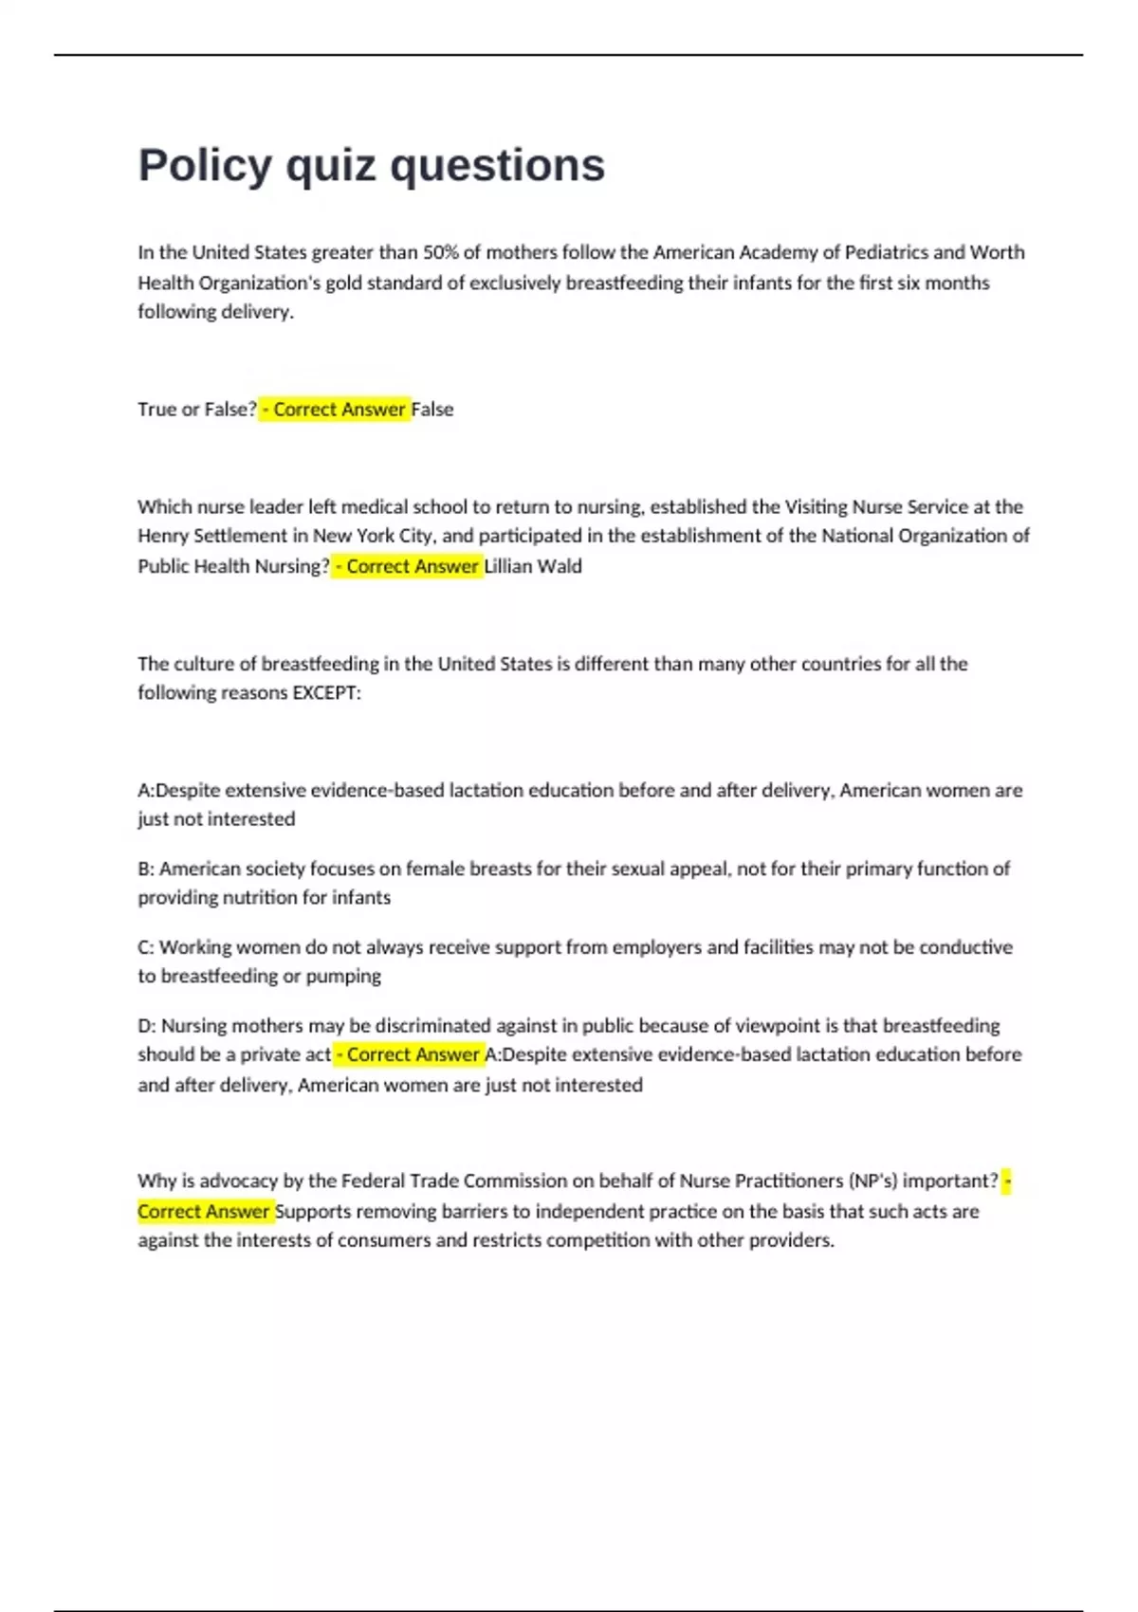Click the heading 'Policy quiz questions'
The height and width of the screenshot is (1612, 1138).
coord(371,165)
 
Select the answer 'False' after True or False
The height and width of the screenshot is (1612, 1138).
coord(432,410)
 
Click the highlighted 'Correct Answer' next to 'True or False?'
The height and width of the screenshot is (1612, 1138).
coord(339,410)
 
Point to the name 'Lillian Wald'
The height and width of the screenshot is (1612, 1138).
coord(534,566)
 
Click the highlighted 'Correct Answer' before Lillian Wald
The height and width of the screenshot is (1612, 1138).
coord(412,566)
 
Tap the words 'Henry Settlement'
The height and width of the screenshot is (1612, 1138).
coord(211,536)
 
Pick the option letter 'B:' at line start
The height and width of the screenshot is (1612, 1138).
coord(146,869)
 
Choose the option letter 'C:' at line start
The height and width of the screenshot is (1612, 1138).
coord(146,947)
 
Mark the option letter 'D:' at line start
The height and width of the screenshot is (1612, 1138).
coord(147,1026)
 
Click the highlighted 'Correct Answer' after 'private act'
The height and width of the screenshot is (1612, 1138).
coord(413,1054)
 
